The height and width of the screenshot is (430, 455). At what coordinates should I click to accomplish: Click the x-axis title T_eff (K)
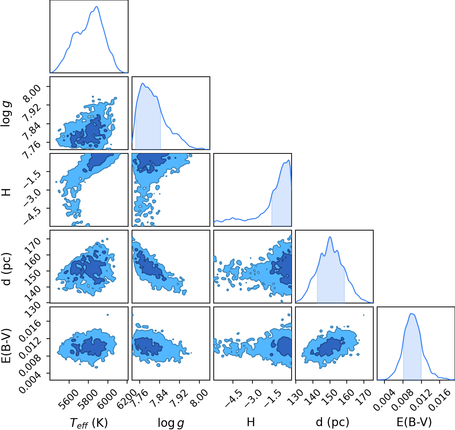(x=89, y=423)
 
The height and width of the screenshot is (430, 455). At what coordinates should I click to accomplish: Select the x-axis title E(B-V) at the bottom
(x=414, y=422)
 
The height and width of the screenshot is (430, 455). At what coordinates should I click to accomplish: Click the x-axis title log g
(x=171, y=423)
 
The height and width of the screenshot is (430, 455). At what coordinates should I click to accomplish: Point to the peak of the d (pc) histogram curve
(x=330, y=237)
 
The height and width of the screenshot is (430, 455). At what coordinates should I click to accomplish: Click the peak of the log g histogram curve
(x=143, y=83)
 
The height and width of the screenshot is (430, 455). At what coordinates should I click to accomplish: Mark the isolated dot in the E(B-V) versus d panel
(x=364, y=315)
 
